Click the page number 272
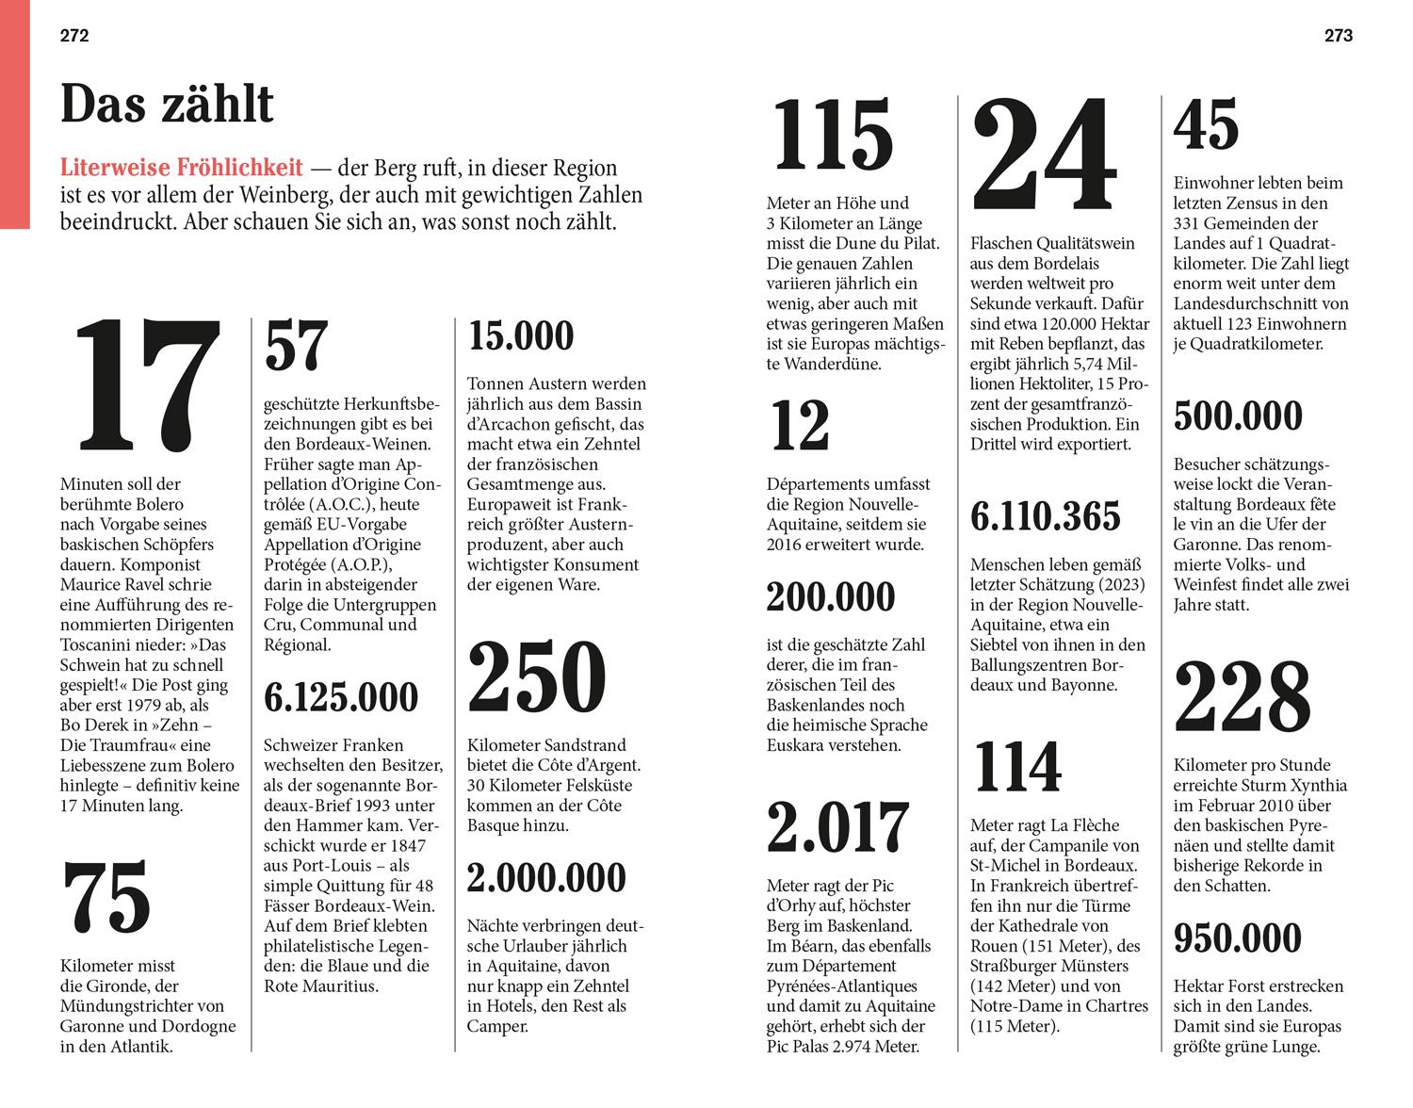click(74, 36)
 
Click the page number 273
click(1338, 36)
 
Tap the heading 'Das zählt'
click(167, 105)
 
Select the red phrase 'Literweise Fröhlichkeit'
click(182, 169)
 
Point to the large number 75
click(107, 897)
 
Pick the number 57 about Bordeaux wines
click(296, 347)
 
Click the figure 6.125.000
click(341, 697)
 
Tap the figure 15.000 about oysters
click(521, 336)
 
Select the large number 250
click(537, 677)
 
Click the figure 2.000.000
click(546, 878)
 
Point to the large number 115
click(833, 137)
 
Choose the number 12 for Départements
click(800, 426)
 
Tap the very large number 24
click(1044, 155)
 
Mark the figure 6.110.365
click(1046, 516)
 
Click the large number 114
click(1017, 767)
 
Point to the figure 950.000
click(1238, 938)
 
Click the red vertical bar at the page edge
click(14, 113)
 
